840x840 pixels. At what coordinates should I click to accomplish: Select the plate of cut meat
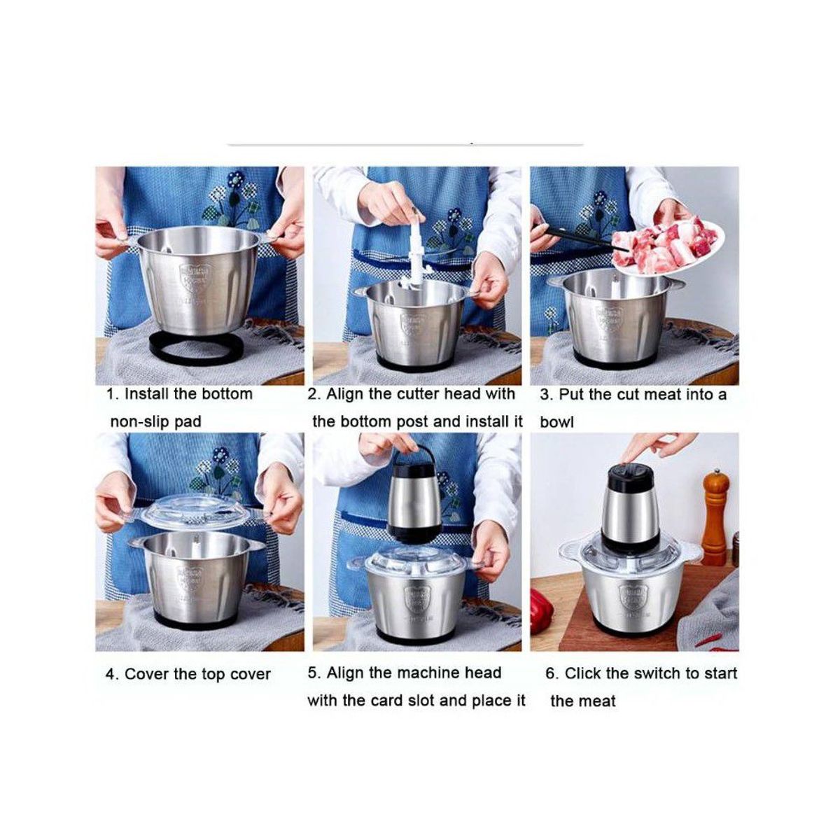671,249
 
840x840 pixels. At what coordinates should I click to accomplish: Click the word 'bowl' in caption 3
556,422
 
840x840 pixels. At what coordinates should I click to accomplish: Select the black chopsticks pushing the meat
580,238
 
